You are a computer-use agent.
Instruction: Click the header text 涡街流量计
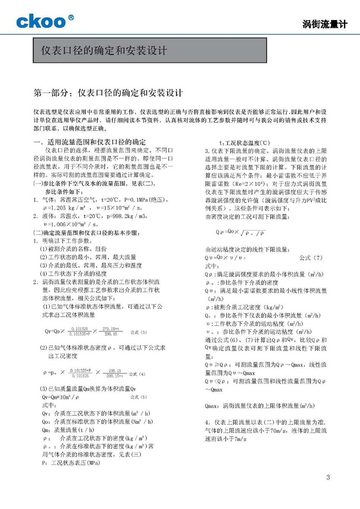(325, 24)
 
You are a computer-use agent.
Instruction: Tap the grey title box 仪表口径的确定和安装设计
(150, 50)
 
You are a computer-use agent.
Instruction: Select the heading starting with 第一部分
(108, 93)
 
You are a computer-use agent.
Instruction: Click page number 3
(328, 477)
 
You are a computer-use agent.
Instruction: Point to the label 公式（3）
(138, 332)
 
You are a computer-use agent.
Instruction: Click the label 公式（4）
(137, 374)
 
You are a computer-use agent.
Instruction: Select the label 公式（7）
(311, 258)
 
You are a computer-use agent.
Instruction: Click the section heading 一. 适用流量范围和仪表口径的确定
(90, 142)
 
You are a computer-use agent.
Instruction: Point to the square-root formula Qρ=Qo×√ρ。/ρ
(241, 232)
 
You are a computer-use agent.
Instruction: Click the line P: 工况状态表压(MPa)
(71, 463)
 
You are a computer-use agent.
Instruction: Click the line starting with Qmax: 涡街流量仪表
(260, 406)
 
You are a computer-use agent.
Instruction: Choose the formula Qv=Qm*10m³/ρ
(61, 397)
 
